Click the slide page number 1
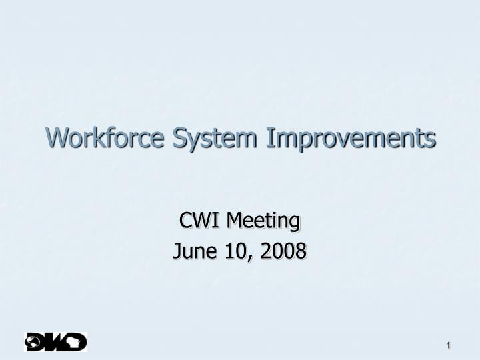[449, 344]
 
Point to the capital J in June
[177, 251]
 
